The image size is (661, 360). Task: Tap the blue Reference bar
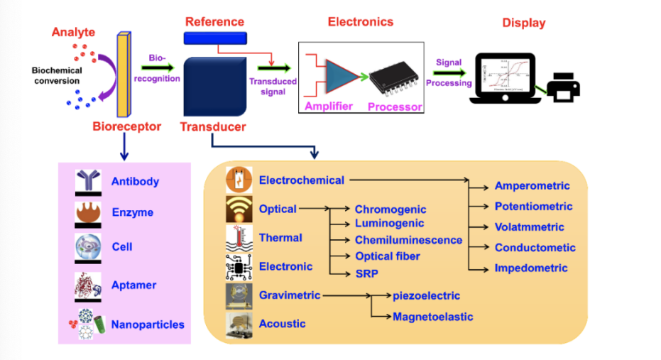click(x=215, y=38)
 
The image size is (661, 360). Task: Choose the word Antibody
click(x=135, y=181)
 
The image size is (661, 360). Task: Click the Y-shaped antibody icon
click(x=89, y=181)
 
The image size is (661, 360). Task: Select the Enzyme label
click(x=132, y=212)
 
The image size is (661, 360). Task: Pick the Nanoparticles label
click(x=147, y=324)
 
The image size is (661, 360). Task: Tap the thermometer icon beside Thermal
click(x=236, y=238)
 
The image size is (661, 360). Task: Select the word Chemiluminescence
click(x=408, y=240)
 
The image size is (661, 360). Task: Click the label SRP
click(x=366, y=273)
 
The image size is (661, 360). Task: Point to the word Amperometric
click(x=532, y=186)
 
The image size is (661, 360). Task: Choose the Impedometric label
click(x=531, y=268)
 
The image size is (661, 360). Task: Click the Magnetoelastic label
click(x=432, y=317)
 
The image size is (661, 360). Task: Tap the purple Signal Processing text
click(x=449, y=72)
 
